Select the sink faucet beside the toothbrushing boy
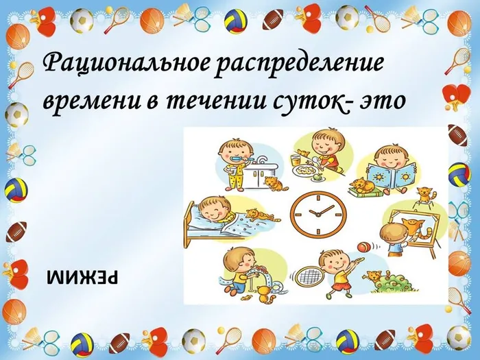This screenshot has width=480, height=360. (x=264, y=160)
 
